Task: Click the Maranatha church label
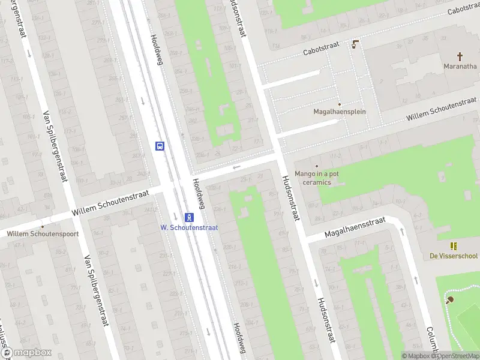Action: [460, 66]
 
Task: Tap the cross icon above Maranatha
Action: [460, 56]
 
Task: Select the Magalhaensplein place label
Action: [339, 112]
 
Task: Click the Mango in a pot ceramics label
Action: [316, 178]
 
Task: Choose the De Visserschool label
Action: [453, 256]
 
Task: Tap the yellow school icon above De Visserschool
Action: [454, 246]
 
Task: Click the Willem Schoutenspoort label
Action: [43, 233]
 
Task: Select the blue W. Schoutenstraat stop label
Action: [189, 227]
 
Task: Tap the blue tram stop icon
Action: [189, 217]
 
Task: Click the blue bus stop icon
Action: [160, 146]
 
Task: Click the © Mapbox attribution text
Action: [416, 356]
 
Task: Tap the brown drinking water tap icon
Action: [355, 44]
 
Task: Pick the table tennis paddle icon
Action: [449, 299]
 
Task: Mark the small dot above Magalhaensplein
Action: [339, 104]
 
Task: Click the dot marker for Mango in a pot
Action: [317, 166]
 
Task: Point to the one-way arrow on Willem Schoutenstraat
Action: [237, 167]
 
